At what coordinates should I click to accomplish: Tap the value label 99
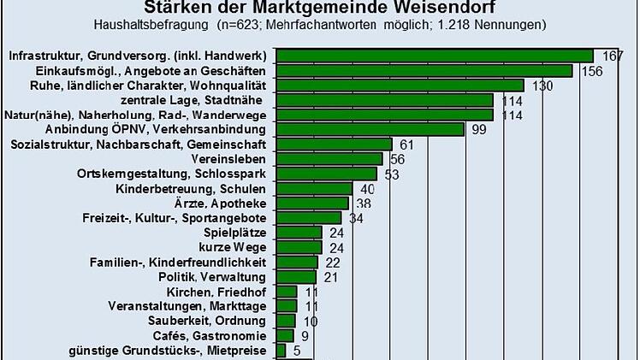coord(477,129)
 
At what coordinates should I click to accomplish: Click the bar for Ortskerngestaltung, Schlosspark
coord(326,174)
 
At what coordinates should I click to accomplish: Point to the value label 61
coord(407,145)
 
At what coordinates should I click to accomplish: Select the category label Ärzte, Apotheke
coord(234,204)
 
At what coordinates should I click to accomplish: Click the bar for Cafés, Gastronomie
coord(284,335)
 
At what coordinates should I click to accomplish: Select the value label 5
coord(297,350)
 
